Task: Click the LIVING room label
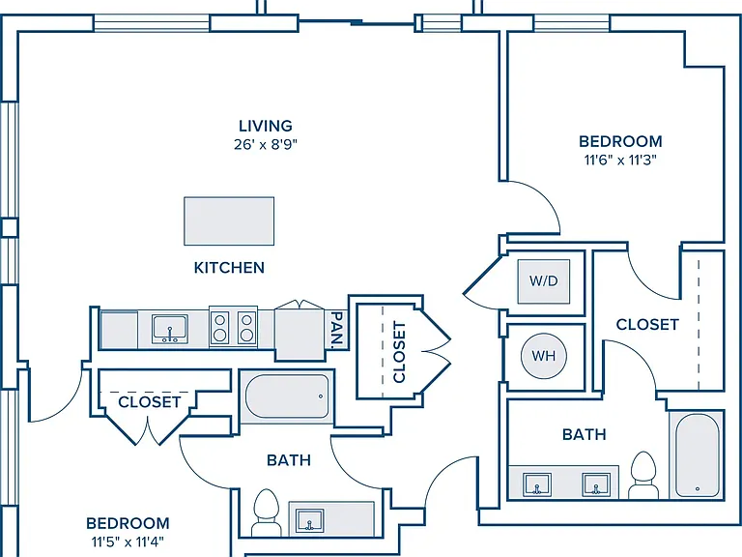[266, 126]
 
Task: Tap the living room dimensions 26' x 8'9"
[266, 144]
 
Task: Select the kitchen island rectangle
[229, 221]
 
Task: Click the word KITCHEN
[229, 268]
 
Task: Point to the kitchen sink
[170, 328]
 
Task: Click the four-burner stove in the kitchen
[233, 327]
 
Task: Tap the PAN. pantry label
[336, 330]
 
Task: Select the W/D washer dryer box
[544, 281]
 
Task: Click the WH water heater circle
[544, 356]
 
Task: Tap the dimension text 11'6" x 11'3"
[620, 161]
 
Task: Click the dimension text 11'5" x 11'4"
[128, 541]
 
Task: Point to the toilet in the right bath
[643, 475]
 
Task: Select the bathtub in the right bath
[697, 455]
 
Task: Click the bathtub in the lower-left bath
[287, 396]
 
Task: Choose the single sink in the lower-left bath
[310, 520]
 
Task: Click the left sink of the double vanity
[537, 484]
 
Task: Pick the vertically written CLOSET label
[399, 352]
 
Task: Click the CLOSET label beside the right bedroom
[647, 325]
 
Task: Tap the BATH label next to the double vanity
[584, 434]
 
